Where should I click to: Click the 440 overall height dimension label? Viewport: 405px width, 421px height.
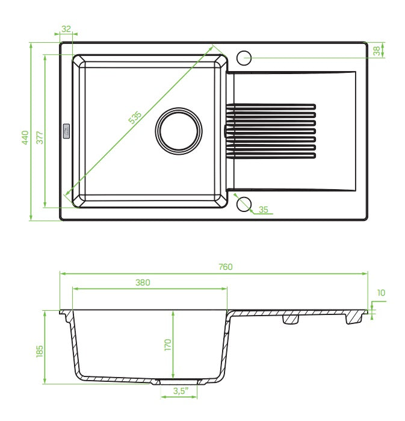(x=25, y=137)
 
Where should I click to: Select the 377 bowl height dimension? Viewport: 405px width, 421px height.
(x=40, y=137)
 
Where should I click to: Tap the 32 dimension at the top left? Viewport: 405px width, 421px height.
(x=66, y=29)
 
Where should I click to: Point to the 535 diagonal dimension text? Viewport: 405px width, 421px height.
(x=135, y=117)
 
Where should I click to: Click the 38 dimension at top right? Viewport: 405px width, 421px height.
(x=377, y=51)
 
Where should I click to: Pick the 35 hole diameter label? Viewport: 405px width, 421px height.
(x=264, y=210)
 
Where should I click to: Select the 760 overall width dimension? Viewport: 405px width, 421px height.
(x=225, y=267)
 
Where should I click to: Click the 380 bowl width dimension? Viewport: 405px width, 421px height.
(x=143, y=282)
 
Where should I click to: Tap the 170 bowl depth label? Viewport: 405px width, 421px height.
(x=168, y=345)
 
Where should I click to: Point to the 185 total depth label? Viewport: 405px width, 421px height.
(x=40, y=351)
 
